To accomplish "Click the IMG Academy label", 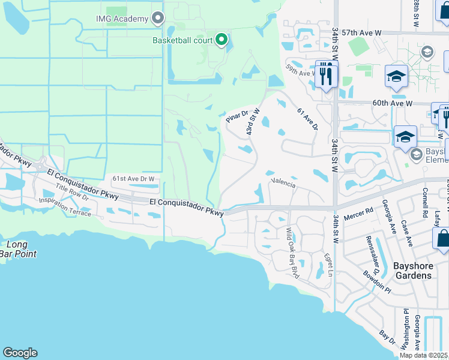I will click(122, 19).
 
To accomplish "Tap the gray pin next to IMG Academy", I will click(158, 18).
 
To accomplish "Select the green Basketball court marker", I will click(221, 40).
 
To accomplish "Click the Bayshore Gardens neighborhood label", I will click(412, 270).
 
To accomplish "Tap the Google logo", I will click(20, 353).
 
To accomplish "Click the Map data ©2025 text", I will click(423, 355).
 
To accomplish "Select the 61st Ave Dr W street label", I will click(134, 179).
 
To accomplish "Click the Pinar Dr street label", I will click(237, 115).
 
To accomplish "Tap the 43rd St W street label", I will click(253, 122).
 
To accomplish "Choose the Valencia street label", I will click(283, 183).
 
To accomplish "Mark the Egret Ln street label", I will click(328, 265).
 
